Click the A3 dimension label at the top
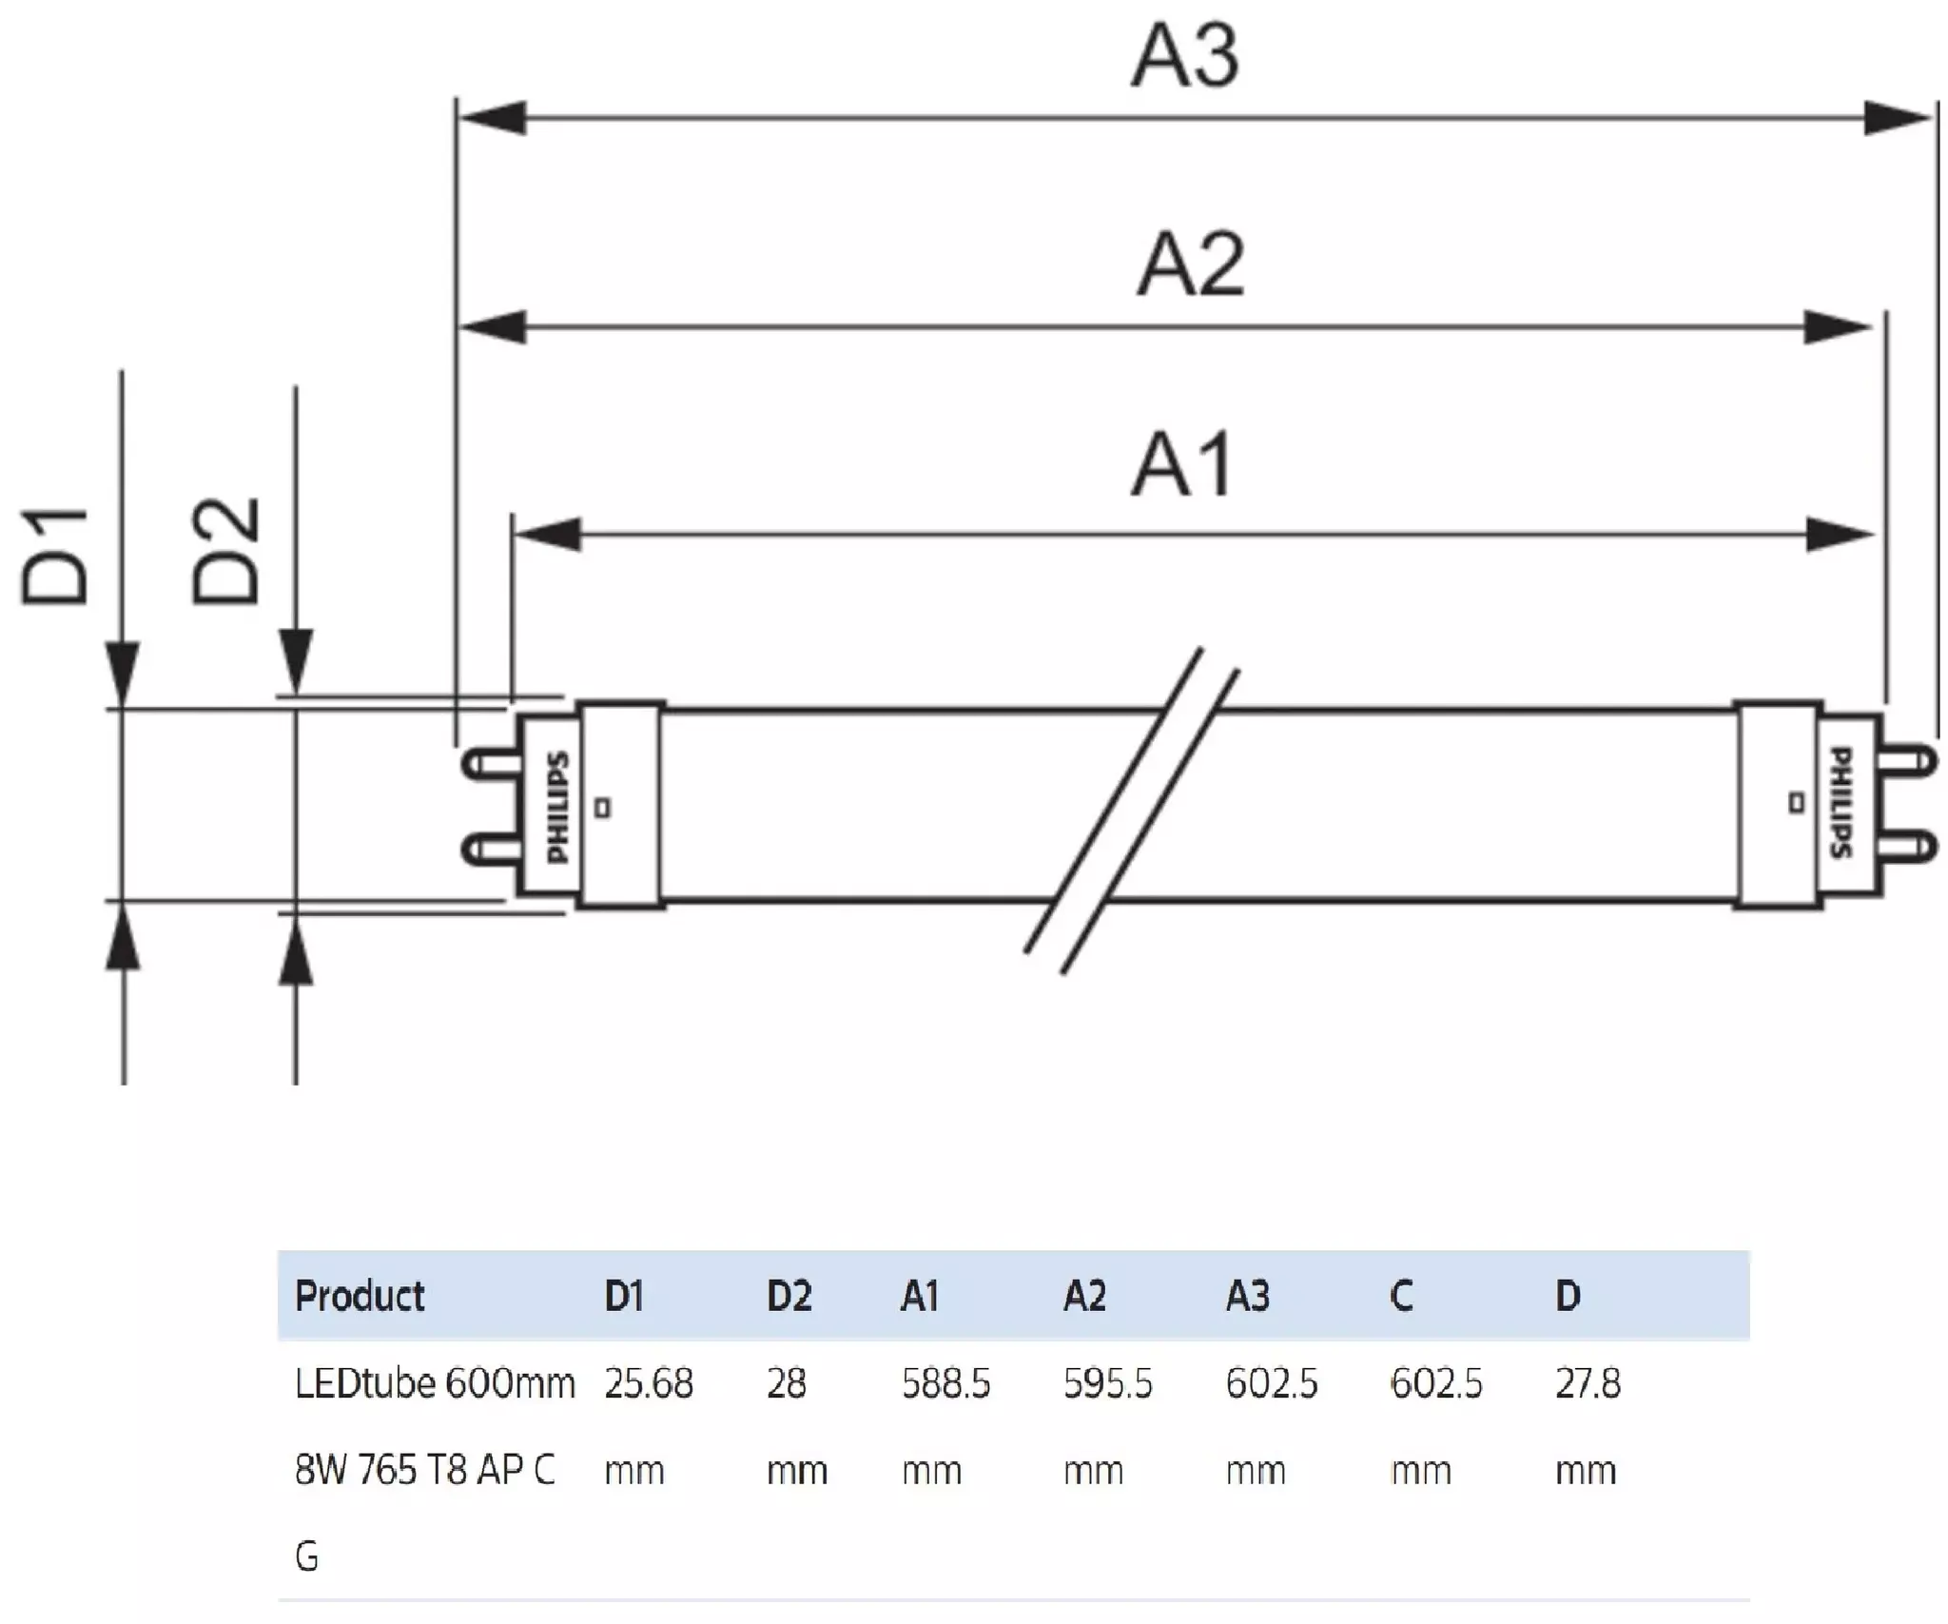(x=1185, y=57)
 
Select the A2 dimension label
(x=1191, y=264)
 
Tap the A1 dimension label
(x=1183, y=464)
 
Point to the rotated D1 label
(x=55, y=556)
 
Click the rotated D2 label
(x=225, y=551)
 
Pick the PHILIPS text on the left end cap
(x=558, y=808)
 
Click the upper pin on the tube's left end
(x=491, y=763)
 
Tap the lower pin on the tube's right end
(x=1906, y=846)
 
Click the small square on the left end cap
(x=602, y=808)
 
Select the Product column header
(x=360, y=1296)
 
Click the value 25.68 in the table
(x=649, y=1383)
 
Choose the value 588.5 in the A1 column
(x=945, y=1383)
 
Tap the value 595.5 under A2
(x=1107, y=1383)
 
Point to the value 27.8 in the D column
(x=1588, y=1383)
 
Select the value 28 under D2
(x=787, y=1383)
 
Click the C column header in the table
(x=1401, y=1296)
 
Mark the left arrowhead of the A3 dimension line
(x=492, y=118)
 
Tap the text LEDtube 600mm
(x=435, y=1383)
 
